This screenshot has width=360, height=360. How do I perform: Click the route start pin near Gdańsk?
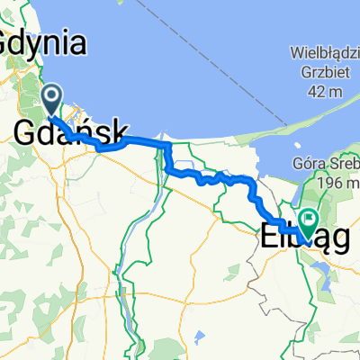point(51,99)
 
